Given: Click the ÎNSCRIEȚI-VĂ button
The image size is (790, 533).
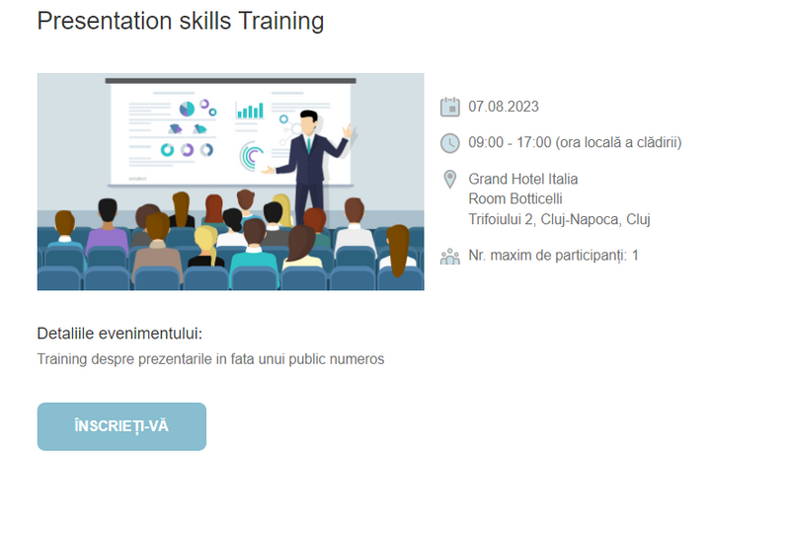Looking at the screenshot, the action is coord(121,426).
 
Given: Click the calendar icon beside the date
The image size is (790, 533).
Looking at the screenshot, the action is coord(450,107).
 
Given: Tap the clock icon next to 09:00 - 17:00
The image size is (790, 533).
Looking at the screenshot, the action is coord(450,143).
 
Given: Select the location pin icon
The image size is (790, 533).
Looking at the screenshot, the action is coord(450,180).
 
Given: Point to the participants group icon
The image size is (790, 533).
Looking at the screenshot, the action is coord(450,257).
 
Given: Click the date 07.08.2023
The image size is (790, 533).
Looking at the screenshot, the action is coord(504,107).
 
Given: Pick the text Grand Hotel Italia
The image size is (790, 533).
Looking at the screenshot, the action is coord(523,179).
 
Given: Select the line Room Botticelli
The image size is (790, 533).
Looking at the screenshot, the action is coord(515,199).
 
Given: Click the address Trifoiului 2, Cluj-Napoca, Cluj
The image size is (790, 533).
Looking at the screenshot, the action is coord(559,220).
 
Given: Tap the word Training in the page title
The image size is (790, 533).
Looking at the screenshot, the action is coord(281,22).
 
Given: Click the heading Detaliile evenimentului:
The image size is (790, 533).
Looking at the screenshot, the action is coord(119,334).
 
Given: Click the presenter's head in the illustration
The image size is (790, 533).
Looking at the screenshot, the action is coord(308,122).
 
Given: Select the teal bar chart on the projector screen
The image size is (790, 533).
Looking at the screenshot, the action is coord(250,111).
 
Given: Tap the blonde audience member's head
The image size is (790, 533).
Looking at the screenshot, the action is coord(205,238).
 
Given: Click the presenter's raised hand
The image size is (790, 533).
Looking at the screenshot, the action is coord(348,131).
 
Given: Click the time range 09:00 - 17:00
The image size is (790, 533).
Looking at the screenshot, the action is coord(510,142).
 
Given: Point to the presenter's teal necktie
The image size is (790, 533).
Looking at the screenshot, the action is coord(308,145).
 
